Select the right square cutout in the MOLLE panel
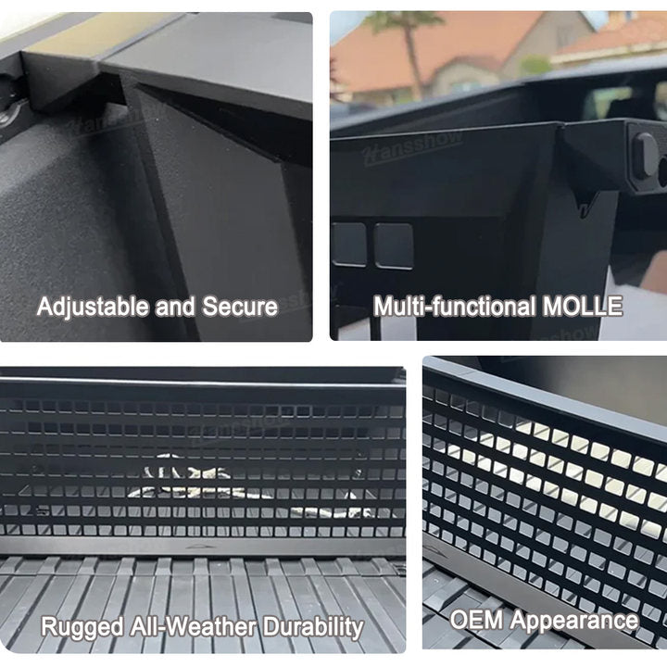pos(393,245)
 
